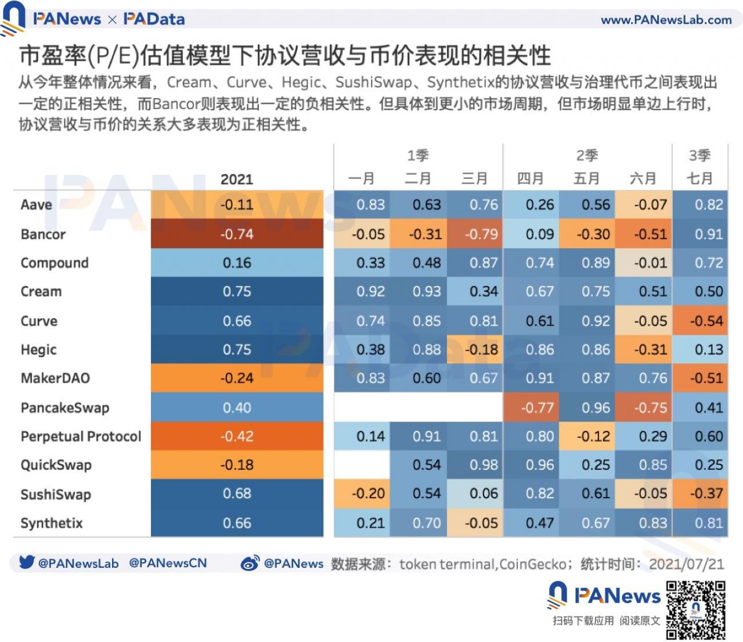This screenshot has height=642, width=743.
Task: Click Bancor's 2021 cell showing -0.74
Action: (x=237, y=234)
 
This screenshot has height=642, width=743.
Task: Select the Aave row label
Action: (x=37, y=205)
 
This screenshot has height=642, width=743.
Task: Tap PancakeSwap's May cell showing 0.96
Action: (x=596, y=408)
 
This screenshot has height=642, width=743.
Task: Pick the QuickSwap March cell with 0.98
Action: (x=484, y=465)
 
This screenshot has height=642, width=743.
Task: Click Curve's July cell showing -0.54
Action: (x=706, y=321)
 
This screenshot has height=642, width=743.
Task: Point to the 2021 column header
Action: (x=237, y=179)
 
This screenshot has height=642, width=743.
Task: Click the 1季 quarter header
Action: (x=418, y=155)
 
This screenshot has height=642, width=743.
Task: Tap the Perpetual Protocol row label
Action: (x=81, y=436)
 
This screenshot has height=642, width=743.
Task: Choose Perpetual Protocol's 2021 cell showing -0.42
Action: (x=237, y=436)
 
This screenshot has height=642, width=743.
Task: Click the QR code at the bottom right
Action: (x=695, y=611)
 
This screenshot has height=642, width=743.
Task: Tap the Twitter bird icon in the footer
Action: (x=26, y=563)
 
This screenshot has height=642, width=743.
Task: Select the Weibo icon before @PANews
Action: (x=250, y=563)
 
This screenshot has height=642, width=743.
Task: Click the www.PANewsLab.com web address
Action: (x=666, y=20)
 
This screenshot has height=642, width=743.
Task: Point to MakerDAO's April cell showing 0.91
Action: (x=540, y=378)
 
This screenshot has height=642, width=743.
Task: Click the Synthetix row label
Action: (x=52, y=523)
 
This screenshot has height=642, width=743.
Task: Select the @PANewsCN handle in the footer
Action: (x=168, y=563)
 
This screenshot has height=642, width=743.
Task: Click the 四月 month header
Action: (x=531, y=179)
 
